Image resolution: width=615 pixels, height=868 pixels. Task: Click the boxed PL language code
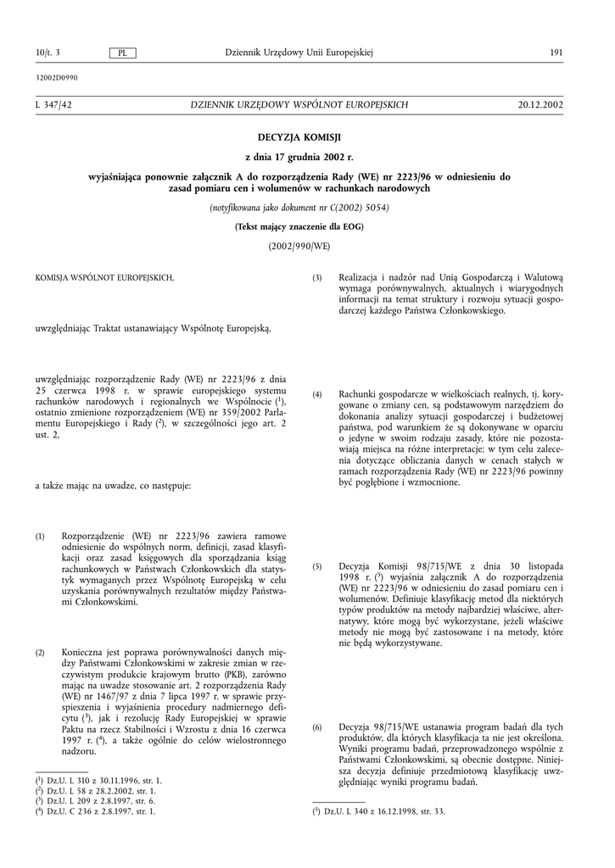[123, 53]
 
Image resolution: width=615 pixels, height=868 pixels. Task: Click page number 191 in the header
[556, 53]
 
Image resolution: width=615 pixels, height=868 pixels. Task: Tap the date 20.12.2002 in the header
[540, 104]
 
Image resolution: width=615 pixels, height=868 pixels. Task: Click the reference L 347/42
[53, 104]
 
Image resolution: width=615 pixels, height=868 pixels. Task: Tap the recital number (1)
[40, 537]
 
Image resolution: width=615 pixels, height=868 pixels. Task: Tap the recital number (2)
[40, 653]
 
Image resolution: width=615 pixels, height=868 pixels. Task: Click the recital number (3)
[317, 278]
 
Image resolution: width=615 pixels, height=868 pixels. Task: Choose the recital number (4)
[317, 395]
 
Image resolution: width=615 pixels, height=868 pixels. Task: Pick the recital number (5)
[317, 565]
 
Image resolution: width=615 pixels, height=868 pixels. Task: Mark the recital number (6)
[317, 727]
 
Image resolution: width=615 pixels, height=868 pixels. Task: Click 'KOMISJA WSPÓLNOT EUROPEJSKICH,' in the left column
[104, 278]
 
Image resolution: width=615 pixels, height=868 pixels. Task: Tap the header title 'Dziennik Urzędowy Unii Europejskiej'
[299, 53]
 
